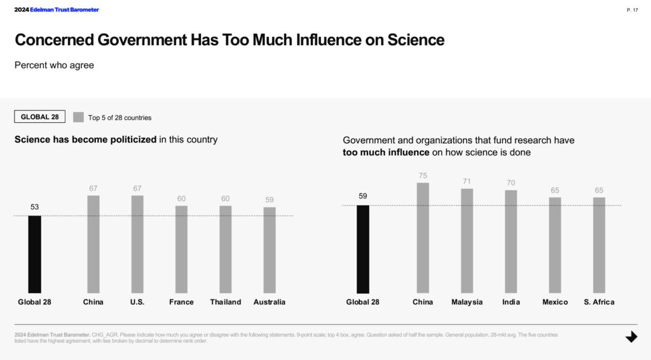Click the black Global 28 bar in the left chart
(34, 254)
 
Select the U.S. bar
(137, 244)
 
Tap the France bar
(181, 249)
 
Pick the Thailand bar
(226, 249)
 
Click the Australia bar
(270, 250)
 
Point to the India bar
(511, 241)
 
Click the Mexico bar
(555, 245)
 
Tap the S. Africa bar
(599, 245)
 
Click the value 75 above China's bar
(423, 176)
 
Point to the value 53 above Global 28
(34, 207)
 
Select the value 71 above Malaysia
(467, 181)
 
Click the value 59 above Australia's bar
(270, 200)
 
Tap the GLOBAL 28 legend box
(39, 117)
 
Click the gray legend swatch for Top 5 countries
(79, 117)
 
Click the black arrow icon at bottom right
(631, 337)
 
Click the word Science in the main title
(415, 40)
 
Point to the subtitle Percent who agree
(54, 65)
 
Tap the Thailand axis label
(226, 302)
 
